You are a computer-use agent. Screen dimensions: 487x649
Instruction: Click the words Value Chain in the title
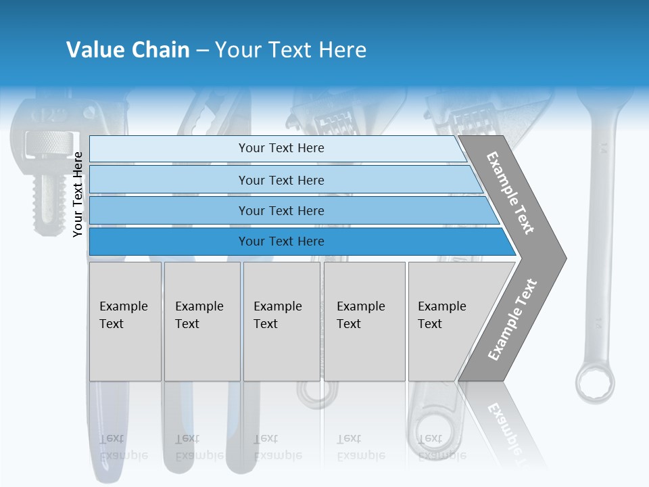128,50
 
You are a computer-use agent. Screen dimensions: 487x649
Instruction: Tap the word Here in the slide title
342,50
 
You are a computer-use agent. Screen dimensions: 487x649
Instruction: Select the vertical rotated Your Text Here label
78,194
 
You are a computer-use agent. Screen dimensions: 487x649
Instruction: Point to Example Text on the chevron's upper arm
510,193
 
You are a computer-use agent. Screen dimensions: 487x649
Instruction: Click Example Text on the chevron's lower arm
512,319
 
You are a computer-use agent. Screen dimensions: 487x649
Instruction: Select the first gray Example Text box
125,321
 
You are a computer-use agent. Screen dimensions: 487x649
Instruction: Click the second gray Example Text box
201,321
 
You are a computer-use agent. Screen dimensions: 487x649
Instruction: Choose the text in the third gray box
277,315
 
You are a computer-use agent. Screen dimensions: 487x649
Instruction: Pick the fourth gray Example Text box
364,321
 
